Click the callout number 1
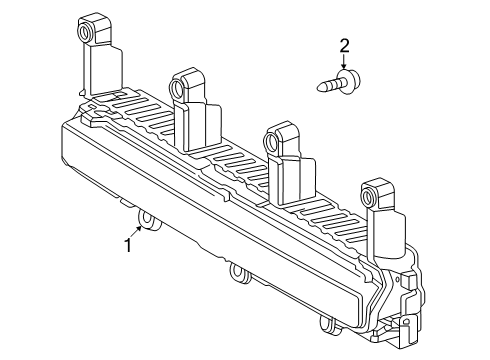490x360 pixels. click(x=128, y=245)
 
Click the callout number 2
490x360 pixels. click(x=344, y=46)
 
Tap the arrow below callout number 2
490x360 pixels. click(x=344, y=62)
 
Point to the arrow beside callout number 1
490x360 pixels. click(x=136, y=232)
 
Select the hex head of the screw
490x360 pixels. click(x=349, y=79)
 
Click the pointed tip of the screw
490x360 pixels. click(x=319, y=88)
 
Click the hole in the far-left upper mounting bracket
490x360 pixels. click(x=83, y=33)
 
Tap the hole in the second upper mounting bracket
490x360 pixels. click(x=176, y=88)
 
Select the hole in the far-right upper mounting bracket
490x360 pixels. click(x=367, y=196)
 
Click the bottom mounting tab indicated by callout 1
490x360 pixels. click(x=148, y=220)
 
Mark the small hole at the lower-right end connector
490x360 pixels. click(x=406, y=322)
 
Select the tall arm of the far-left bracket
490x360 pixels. click(x=86, y=68)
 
